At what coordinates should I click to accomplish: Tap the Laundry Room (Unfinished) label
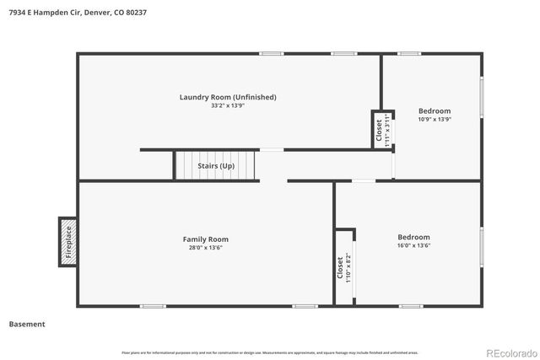pyautogui.click(x=228, y=97)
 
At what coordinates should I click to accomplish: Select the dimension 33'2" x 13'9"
pyautogui.click(x=228, y=106)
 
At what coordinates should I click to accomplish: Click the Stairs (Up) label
pyautogui.click(x=216, y=166)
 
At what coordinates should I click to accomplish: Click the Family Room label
pyautogui.click(x=206, y=239)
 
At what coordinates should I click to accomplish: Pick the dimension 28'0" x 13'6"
pyautogui.click(x=206, y=248)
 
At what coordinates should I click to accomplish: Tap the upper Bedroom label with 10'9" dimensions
pyautogui.click(x=435, y=111)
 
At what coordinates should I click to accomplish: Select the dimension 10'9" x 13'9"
pyautogui.click(x=435, y=120)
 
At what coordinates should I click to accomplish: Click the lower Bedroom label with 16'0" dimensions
pyautogui.click(x=414, y=237)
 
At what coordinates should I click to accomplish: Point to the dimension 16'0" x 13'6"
pyautogui.click(x=414, y=246)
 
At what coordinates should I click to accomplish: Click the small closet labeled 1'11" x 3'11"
pyautogui.click(x=383, y=130)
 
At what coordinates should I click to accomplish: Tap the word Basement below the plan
pyautogui.click(x=27, y=324)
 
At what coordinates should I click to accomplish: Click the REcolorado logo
pyautogui.click(x=510, y=352)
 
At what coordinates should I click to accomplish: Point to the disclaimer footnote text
pyautogui.click(x=270, y=352)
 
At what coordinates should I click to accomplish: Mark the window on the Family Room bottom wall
pyautogui.click(x=153, y=306)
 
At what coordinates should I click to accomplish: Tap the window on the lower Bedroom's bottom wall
pyautogui.click(x=410, y=306)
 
